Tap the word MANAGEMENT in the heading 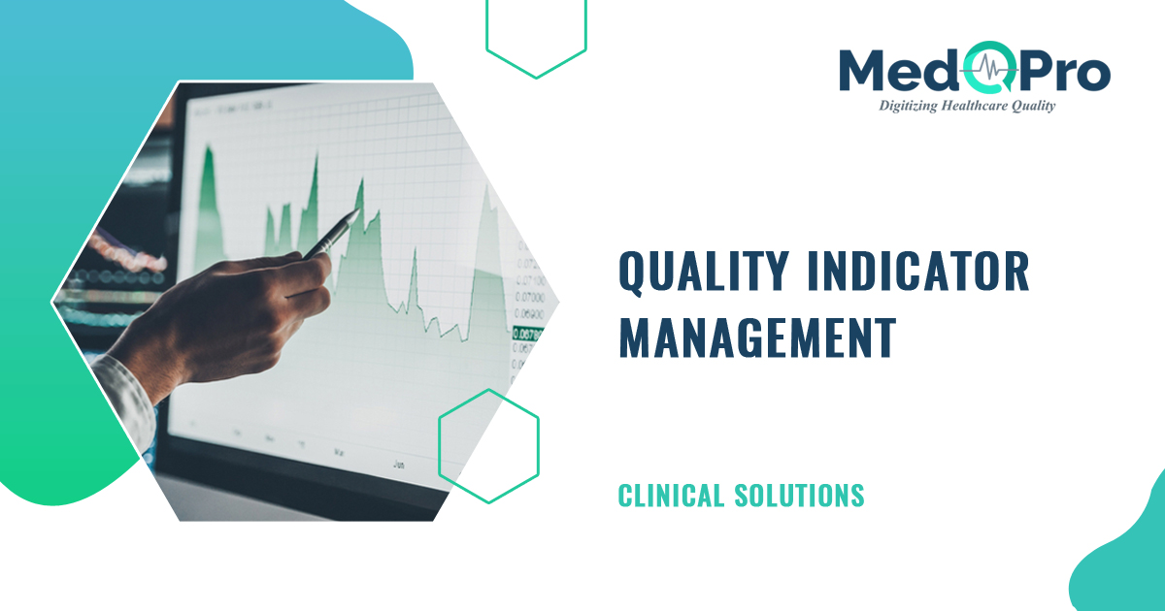click(757, 337)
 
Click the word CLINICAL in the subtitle click(671, 496)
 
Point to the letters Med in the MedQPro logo click(899, 70)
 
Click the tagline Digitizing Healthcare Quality click(966, 106)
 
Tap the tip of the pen click(359, 212)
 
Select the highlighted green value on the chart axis click(526, 334)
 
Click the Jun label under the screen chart click(398, 465)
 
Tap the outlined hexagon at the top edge click(536, 34)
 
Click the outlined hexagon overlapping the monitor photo click(488, 446)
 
